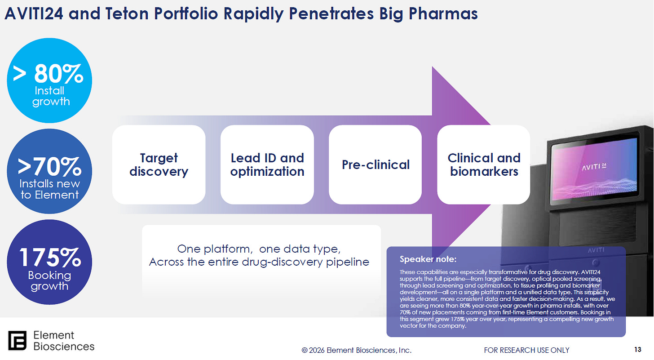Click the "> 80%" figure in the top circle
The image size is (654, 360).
tap(48, 73)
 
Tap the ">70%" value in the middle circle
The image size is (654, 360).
tap(49, 167)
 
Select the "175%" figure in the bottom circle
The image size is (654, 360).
tap(50, 257)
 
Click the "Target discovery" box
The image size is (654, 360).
tap(159, 164)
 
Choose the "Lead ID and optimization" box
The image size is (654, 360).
tap(267, 164)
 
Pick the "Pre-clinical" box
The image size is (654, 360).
tap(376, 164)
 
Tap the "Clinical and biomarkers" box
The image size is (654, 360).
tap(484, 164)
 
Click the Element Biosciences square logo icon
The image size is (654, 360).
tap(17, 340)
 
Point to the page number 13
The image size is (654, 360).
tap(638, 350)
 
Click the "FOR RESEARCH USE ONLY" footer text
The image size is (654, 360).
tap(527, 350)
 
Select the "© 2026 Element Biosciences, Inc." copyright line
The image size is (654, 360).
tap(357, 350)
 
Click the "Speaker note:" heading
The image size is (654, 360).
tap(428, 259)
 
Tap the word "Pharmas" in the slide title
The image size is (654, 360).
tap(443, 14)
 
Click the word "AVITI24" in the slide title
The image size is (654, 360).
tap(34, 14)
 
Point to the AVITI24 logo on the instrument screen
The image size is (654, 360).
tap(594, 167)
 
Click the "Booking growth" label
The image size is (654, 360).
tap(49, 280)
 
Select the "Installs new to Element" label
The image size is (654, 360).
tap(49, 189)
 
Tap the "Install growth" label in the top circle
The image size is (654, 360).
tap(51, 96)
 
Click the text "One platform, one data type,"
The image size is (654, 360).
tap(259, 249)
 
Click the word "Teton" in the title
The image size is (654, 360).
tap(127, 14)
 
